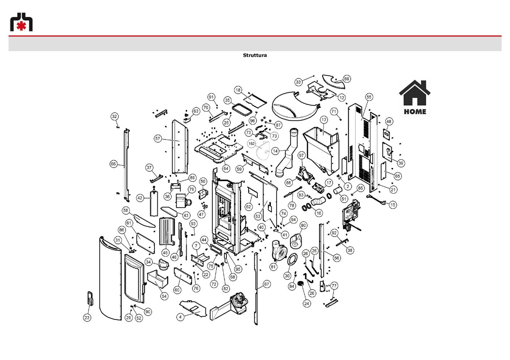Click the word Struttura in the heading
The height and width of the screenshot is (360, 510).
pyautogui.click(x=255, y=55)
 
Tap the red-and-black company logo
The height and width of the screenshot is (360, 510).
pyautogui.click(x=21, y=22)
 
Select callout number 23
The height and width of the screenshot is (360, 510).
pyautogui.click(x=87, y=318)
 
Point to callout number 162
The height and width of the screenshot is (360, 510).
pyautogui.click(x=252, y=143)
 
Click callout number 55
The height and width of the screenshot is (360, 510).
pyautogui.click(x=369, y=97)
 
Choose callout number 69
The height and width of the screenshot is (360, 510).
pyautogui.click(x=347, y=79)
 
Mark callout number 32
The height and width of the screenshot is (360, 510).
pyautogui.click(x=114, y=116)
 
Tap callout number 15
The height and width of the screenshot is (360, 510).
pyautogui.click(x=393, y=205)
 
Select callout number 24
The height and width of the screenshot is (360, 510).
pyautogui.click(x=307, y=304)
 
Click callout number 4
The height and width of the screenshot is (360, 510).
pyautogui.click(x=180, y=317)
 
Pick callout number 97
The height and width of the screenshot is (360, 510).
pyautogui.click(x=301, y=155)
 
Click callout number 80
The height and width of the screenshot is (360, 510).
pyautogui.click(x=303, y=225)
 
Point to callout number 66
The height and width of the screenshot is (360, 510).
pyautogui.click(x=113, y=164)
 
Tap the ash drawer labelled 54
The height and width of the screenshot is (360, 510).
pyautogui.click(x=158, y=279)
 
